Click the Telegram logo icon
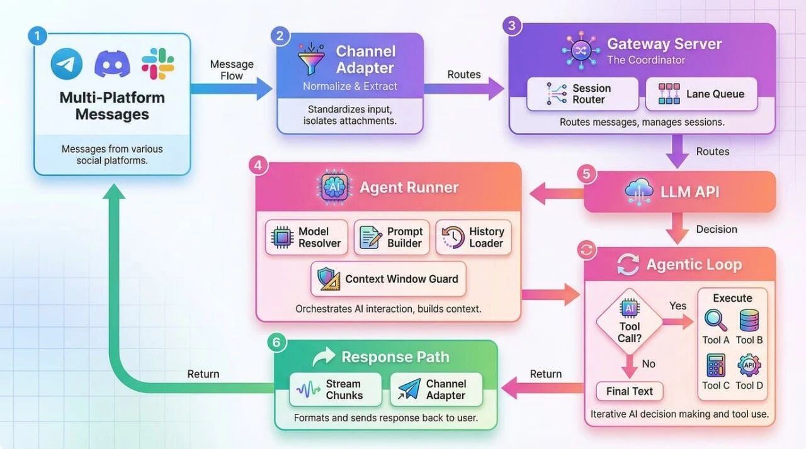(67, 64)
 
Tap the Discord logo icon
(112, 64)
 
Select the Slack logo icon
(157, 64)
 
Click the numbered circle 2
(280, 36)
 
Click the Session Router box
(582, 94)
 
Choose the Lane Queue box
(701, 94)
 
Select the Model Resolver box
(307, 237)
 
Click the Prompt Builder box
(392, 237)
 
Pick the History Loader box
(473, 237)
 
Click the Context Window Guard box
(389, 279)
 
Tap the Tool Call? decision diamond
(629, 324)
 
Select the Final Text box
(629, 391)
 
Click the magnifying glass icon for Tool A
(715, 320)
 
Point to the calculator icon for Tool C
(715, 366)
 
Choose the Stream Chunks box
(335, 390)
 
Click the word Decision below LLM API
(717, 230)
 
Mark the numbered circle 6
(276, 343)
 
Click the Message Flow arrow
(232, 88)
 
